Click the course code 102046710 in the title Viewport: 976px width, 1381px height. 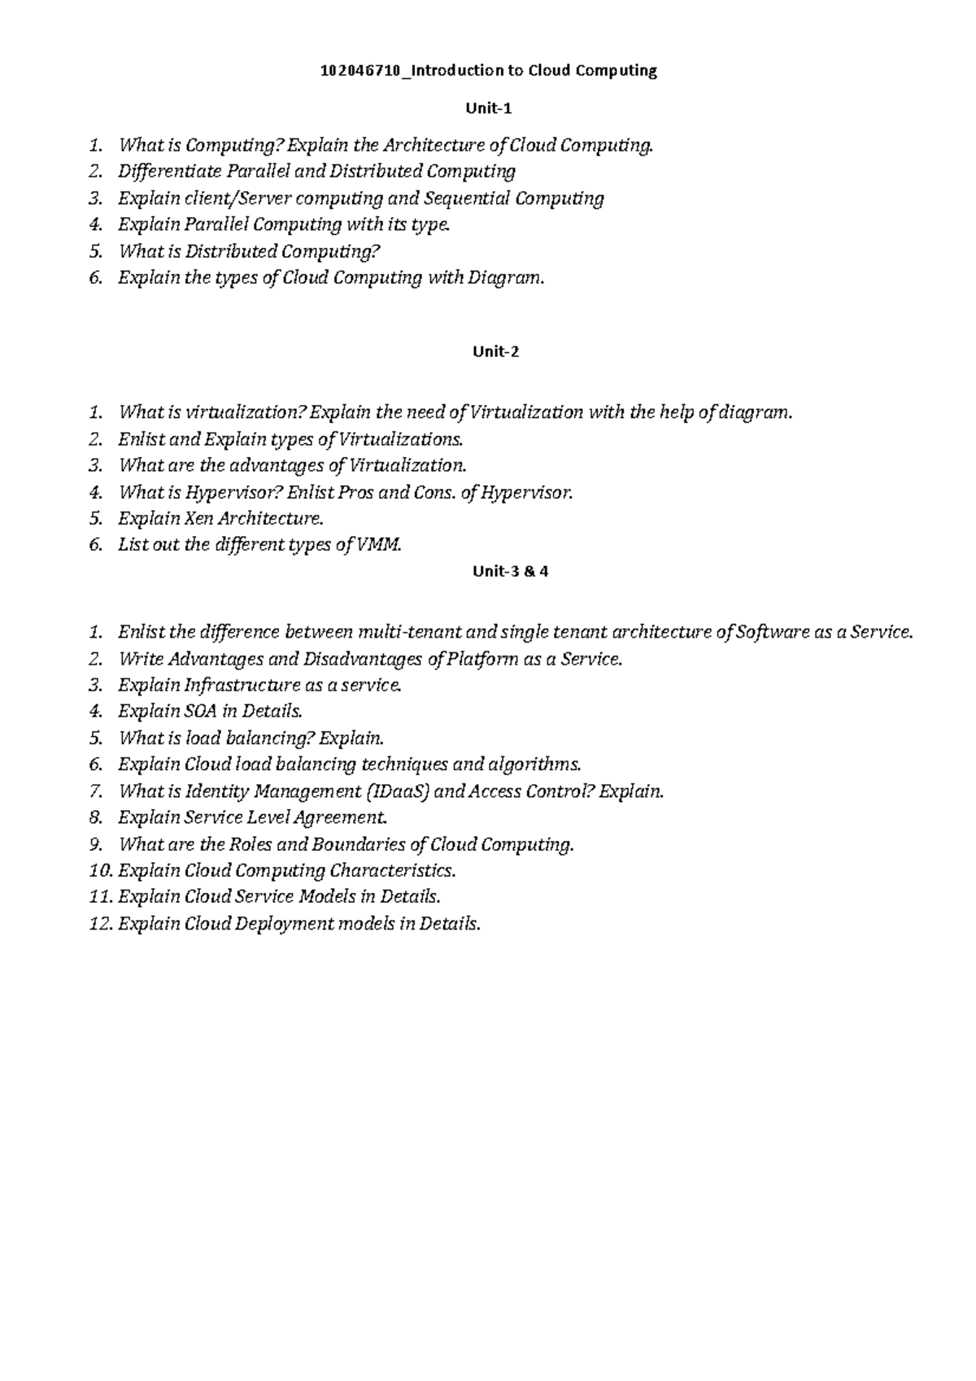click(x=360, y=71)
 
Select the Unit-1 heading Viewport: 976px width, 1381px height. click(x=488, y=108)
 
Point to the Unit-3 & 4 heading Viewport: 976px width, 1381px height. click(x=510, y=571)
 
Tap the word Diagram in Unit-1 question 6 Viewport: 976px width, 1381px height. click(x=503, y=278)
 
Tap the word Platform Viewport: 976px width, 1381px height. click(x=483, y=659)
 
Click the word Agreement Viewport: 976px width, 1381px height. click(x=341, y=817)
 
